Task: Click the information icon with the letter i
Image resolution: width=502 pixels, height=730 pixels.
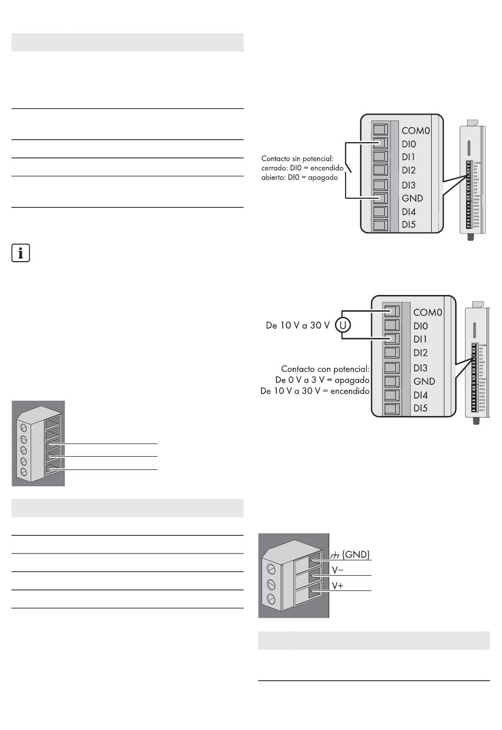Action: point(21,253)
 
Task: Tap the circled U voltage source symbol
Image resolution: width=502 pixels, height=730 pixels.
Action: point(342,325)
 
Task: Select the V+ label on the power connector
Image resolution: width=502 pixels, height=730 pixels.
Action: point(338,585)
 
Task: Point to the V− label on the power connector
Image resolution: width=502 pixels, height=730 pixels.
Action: point(338,570)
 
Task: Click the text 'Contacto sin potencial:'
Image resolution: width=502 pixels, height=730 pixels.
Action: point(298,158)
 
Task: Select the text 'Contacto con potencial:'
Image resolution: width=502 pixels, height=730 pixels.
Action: point(325,369)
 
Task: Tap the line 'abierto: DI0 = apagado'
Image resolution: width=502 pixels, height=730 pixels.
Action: point(299,178)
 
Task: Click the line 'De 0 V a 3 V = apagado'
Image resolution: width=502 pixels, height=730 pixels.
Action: point(322,380)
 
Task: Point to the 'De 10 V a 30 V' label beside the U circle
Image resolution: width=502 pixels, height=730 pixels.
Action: point(298,326)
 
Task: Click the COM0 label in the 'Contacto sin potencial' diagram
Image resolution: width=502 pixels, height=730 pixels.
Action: point(415,131)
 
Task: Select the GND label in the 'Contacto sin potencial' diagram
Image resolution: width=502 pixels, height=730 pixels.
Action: point(412,198)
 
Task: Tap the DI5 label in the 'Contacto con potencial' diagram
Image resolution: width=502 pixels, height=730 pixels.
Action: point(421,408)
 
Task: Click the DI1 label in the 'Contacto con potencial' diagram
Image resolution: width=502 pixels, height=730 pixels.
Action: point(421,339)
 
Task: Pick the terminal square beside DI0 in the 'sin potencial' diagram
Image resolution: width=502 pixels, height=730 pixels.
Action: point(380,143)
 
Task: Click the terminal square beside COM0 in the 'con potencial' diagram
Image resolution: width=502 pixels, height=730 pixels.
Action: point(392,312)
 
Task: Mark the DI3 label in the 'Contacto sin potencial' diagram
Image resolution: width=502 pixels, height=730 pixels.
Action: point(408,185)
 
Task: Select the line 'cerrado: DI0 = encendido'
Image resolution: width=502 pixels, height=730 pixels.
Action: point(302,168)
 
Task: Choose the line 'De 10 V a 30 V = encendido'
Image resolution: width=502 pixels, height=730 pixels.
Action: point(315,391)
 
